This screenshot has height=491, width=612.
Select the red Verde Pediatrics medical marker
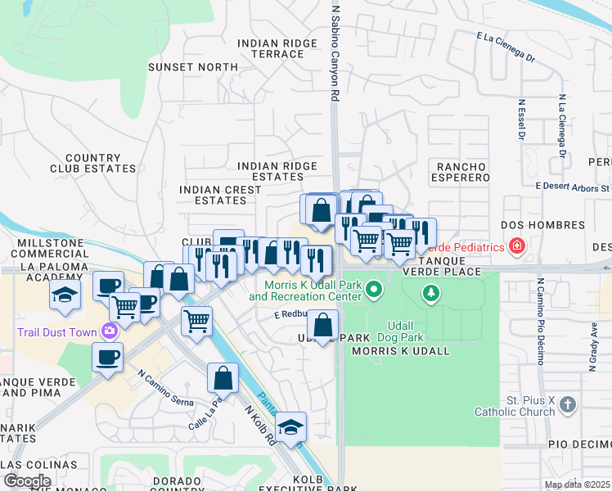tap(516, 245)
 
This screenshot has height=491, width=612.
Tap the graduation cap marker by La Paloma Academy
tap(65, 295)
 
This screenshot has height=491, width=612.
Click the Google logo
tap(26, 481)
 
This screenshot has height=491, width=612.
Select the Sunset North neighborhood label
tap(182, 67)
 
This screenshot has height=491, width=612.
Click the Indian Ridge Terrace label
tap(270, 48)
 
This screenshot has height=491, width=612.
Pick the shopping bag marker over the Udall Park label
tap(324, 325)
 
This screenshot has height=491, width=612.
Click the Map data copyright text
tap(577, 484)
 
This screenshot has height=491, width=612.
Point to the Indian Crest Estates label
tap(220, 195)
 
